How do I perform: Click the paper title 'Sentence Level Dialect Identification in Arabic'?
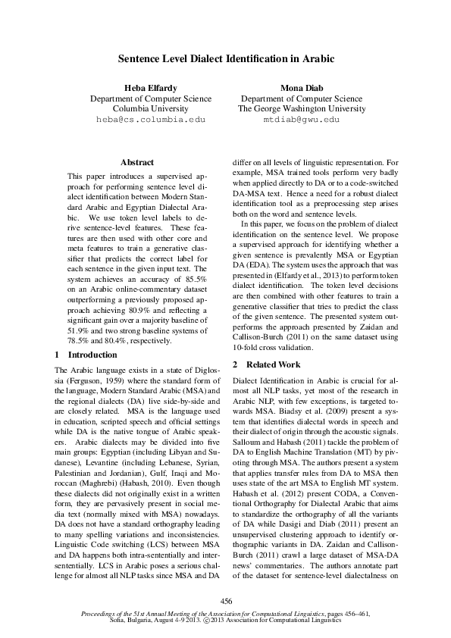click(x=225, y=58)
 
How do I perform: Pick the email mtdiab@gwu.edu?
click(x=301, y=120)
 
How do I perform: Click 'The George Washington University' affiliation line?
click(x=301, y=109)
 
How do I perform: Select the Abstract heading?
click(x=137, y=162)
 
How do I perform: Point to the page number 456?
click(x=225, y=601)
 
